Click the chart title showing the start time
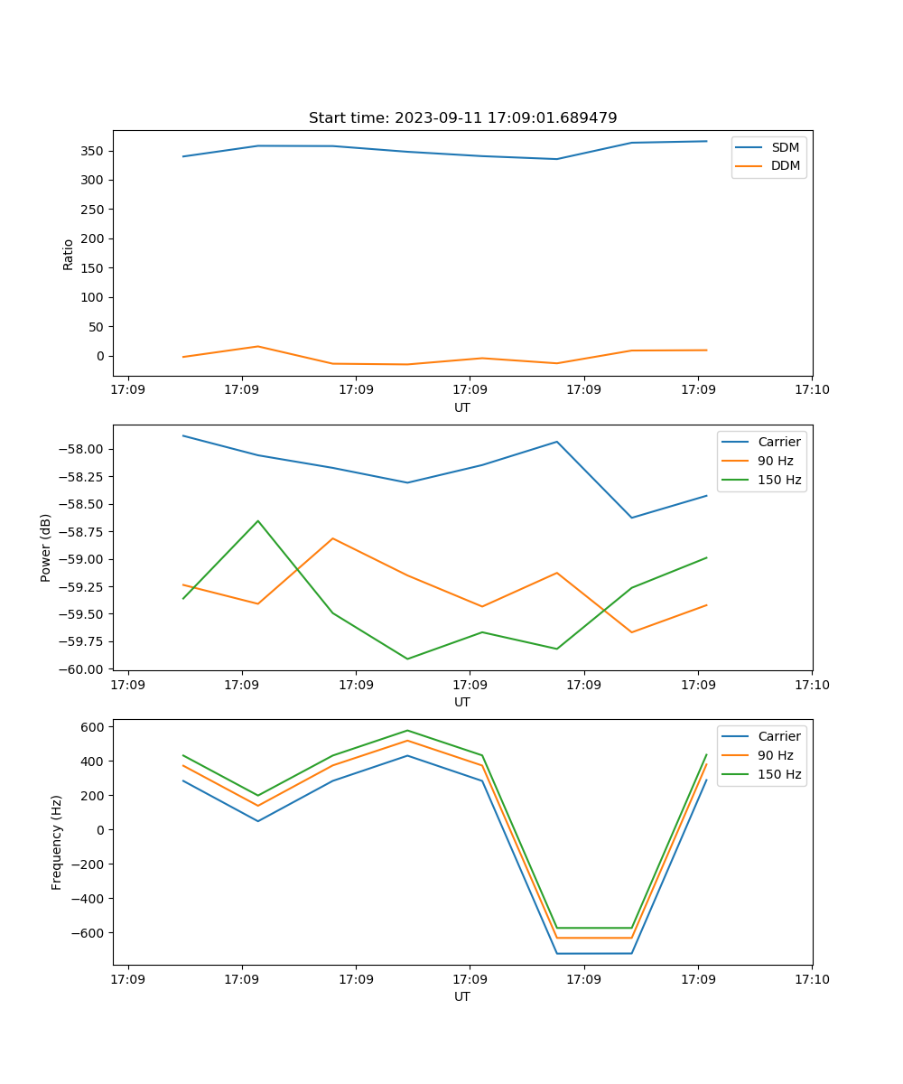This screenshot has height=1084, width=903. pos(462,118)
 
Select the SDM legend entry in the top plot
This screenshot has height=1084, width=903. pos(785,147)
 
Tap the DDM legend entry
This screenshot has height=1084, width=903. pos(785,165)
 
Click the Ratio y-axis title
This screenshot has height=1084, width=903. pos(69,254)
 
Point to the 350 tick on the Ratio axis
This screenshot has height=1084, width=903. pos(93,151)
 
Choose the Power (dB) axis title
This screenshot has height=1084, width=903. pos(46,547)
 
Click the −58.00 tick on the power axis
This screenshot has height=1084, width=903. pos(85,450)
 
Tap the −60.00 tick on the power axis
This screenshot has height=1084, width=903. pos(85,669)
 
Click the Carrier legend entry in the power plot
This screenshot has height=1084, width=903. pos(779,442)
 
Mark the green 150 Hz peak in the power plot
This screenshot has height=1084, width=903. pos(258,520)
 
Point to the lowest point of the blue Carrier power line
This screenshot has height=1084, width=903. pos(631,518)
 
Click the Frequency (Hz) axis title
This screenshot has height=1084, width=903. pos(57,842)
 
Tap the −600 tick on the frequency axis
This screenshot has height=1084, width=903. pos(88,933)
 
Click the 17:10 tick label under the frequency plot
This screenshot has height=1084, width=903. pos(812,979)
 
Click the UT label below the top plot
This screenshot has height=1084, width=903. pos(462,407)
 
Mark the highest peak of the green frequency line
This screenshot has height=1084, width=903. pos(407,730)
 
